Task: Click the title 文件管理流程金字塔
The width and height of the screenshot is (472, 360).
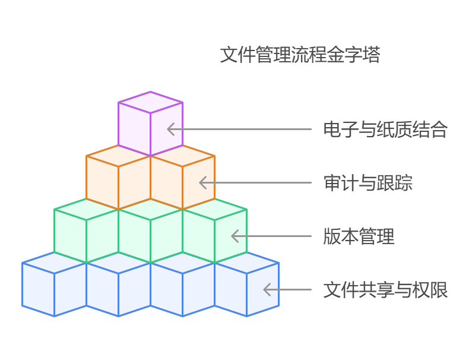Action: pyautogui.click(x=300, y=55)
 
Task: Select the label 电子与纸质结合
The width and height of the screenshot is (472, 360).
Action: pyautogui.click(x=385, y=130)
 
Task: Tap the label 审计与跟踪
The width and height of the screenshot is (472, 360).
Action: pyautogui.click(x=368, y=183)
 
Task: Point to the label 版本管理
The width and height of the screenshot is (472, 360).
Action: pyautogui.click(x=359, y=236)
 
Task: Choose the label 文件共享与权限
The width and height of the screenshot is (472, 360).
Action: pyautogui.click(x=385, y=290)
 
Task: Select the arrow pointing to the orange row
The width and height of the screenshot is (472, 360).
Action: pyautogui.click(x=255, y=183)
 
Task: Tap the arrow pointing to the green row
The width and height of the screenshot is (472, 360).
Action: pyautogui.click(x=271, y=236)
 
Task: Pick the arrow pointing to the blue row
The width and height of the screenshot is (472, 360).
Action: pyautogui.click(x=287, y=290)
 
